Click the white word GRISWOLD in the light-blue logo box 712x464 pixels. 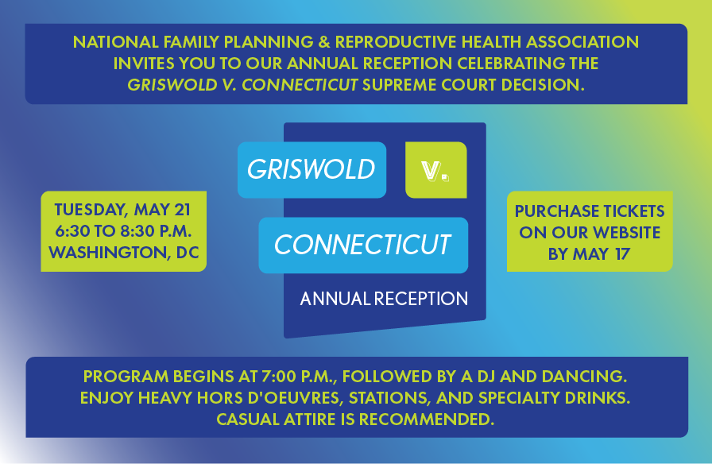pyautogui.click(x=311, y=169)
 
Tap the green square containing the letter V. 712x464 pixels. pyautogui.click(x=436, y=170)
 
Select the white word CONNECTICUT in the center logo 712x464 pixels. pyautogui.click(x=362, y=245)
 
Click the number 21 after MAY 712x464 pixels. pyautogui.click(x=182, y=210)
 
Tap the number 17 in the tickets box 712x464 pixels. pyautogui.click(x=622, y=254)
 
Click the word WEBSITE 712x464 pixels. pyautogui.click(x=627, y=233)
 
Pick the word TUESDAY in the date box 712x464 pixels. pyautogui.click(x=91, y=211)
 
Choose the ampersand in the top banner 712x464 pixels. pyautogui.click(x=324, y=42)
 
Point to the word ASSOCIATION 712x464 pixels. pyautogui.click(x=582, y=42)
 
